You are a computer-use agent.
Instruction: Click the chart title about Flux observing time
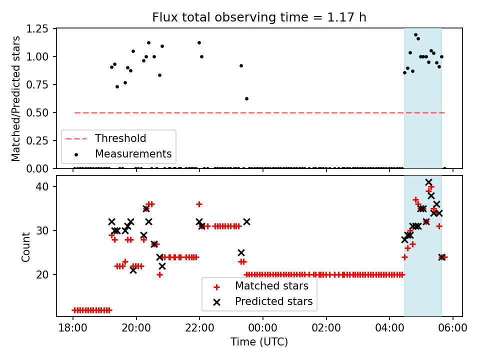coord(259,17)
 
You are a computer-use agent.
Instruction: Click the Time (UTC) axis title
coord(259,342)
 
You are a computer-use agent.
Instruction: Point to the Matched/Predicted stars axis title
coord(16,98)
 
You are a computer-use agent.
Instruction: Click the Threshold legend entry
coord(120,138)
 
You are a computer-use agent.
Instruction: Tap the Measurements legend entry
coord(133,153)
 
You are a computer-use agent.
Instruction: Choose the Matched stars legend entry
coord(271,286)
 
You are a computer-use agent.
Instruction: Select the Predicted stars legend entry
coord(273,301)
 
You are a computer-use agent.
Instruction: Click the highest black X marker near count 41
coord(428,182)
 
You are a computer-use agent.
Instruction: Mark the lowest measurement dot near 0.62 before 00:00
coord(246,98)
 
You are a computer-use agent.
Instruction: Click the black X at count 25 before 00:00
coord(241,252)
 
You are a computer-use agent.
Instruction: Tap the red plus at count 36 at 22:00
coord(199,204)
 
